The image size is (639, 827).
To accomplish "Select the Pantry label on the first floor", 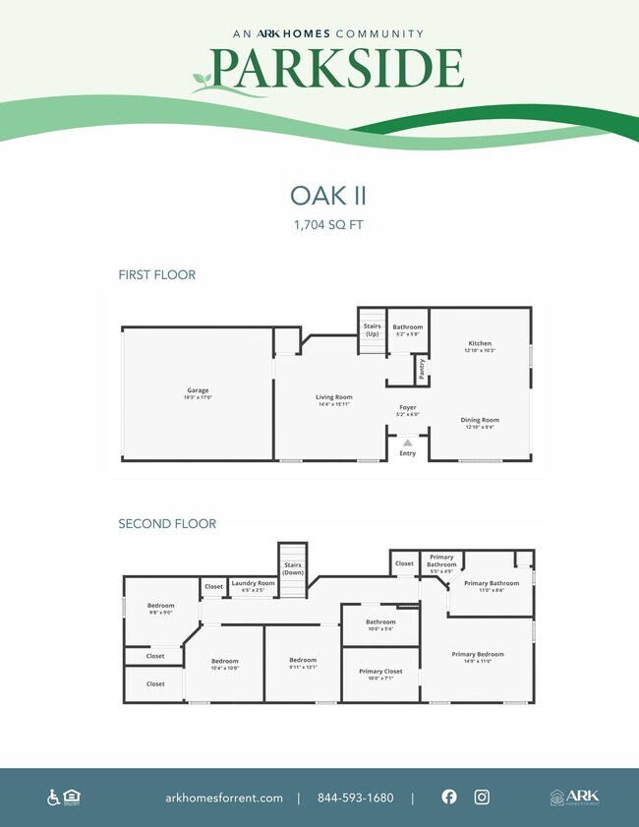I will [422, 368].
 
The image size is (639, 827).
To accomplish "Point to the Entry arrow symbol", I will [407, 443].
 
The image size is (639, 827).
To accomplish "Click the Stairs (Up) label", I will [373, 330].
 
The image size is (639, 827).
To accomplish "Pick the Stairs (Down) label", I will [293, 568].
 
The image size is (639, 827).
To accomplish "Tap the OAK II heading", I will [319, 194].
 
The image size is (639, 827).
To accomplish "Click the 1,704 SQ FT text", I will [319, 225].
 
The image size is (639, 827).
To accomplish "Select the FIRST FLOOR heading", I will [156, 274].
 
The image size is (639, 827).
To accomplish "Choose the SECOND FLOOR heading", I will [167, 524].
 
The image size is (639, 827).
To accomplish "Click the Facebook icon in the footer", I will [449, 797].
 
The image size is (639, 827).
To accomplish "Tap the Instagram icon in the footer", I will [482, 797].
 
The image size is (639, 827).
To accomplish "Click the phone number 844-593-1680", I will [355, 797].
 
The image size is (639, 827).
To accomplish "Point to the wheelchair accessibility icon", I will [53, 797].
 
